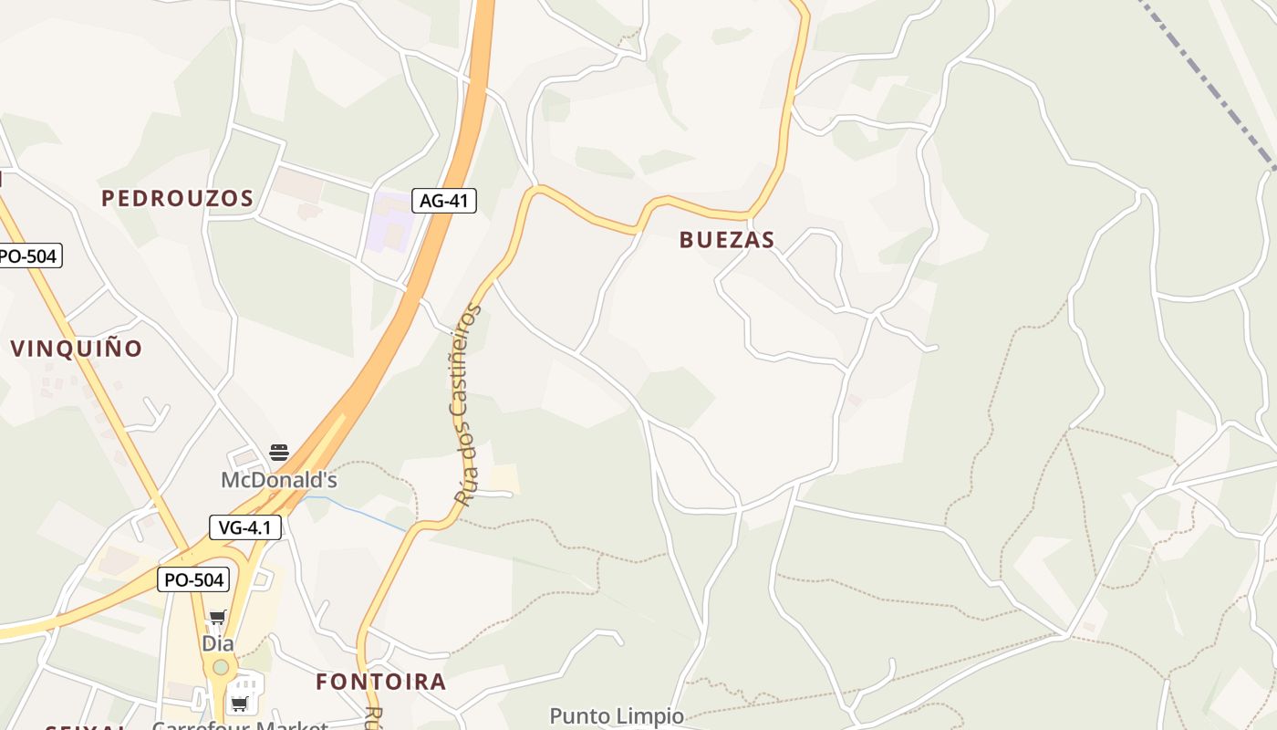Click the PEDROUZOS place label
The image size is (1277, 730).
coord(177,198)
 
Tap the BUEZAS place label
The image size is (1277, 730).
coord(727,240)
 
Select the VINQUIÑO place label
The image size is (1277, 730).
coord(77,348)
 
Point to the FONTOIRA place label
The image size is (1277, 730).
coord(381,681)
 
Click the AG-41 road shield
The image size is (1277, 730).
coord(444,201)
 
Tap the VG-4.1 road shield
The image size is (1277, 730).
coord(245,527)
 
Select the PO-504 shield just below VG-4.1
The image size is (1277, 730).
coord(192,579)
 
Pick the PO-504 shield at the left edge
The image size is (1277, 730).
coord(27,255)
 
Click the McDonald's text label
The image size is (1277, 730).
coord(279,479)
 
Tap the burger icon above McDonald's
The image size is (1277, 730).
coord(279,453)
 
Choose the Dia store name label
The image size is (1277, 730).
coord(218,643)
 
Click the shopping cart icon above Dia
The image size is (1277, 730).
coord(218,618)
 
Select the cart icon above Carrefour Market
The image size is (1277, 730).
coord(240,703)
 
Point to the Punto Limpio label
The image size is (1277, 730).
coord(617,715)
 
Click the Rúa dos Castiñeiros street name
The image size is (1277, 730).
coord(467,405)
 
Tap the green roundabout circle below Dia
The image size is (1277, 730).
coord(220,667)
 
